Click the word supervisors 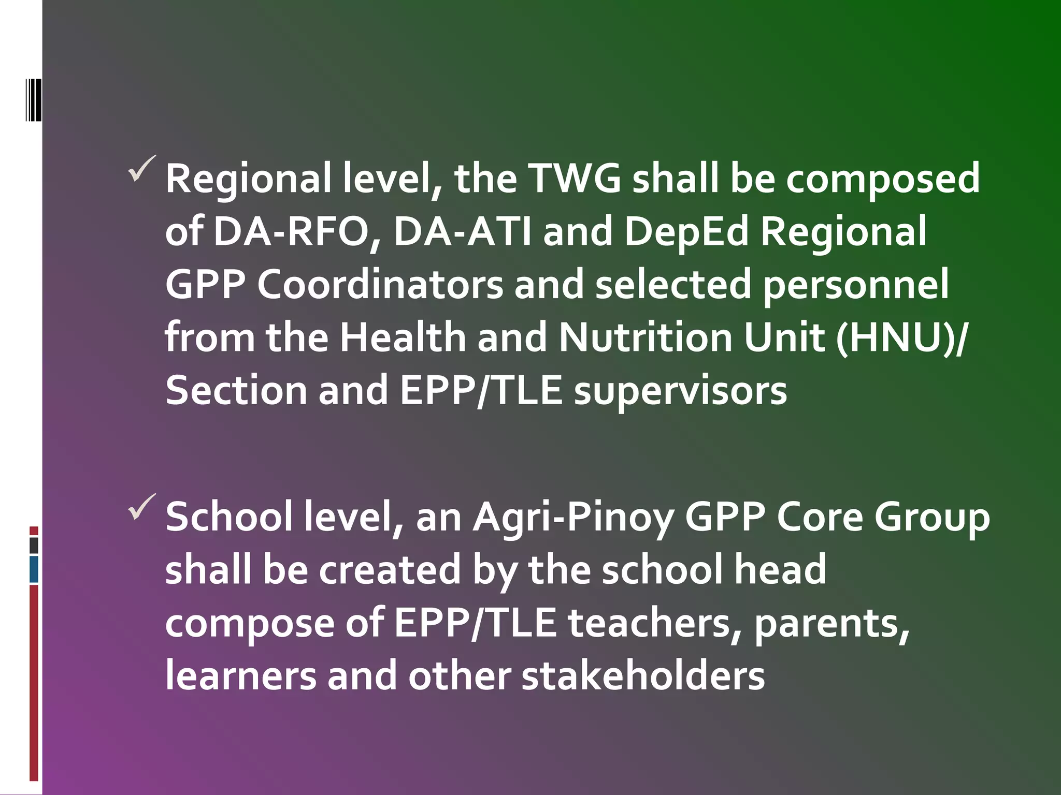coord(680,391)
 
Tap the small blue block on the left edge coord(34,569)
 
